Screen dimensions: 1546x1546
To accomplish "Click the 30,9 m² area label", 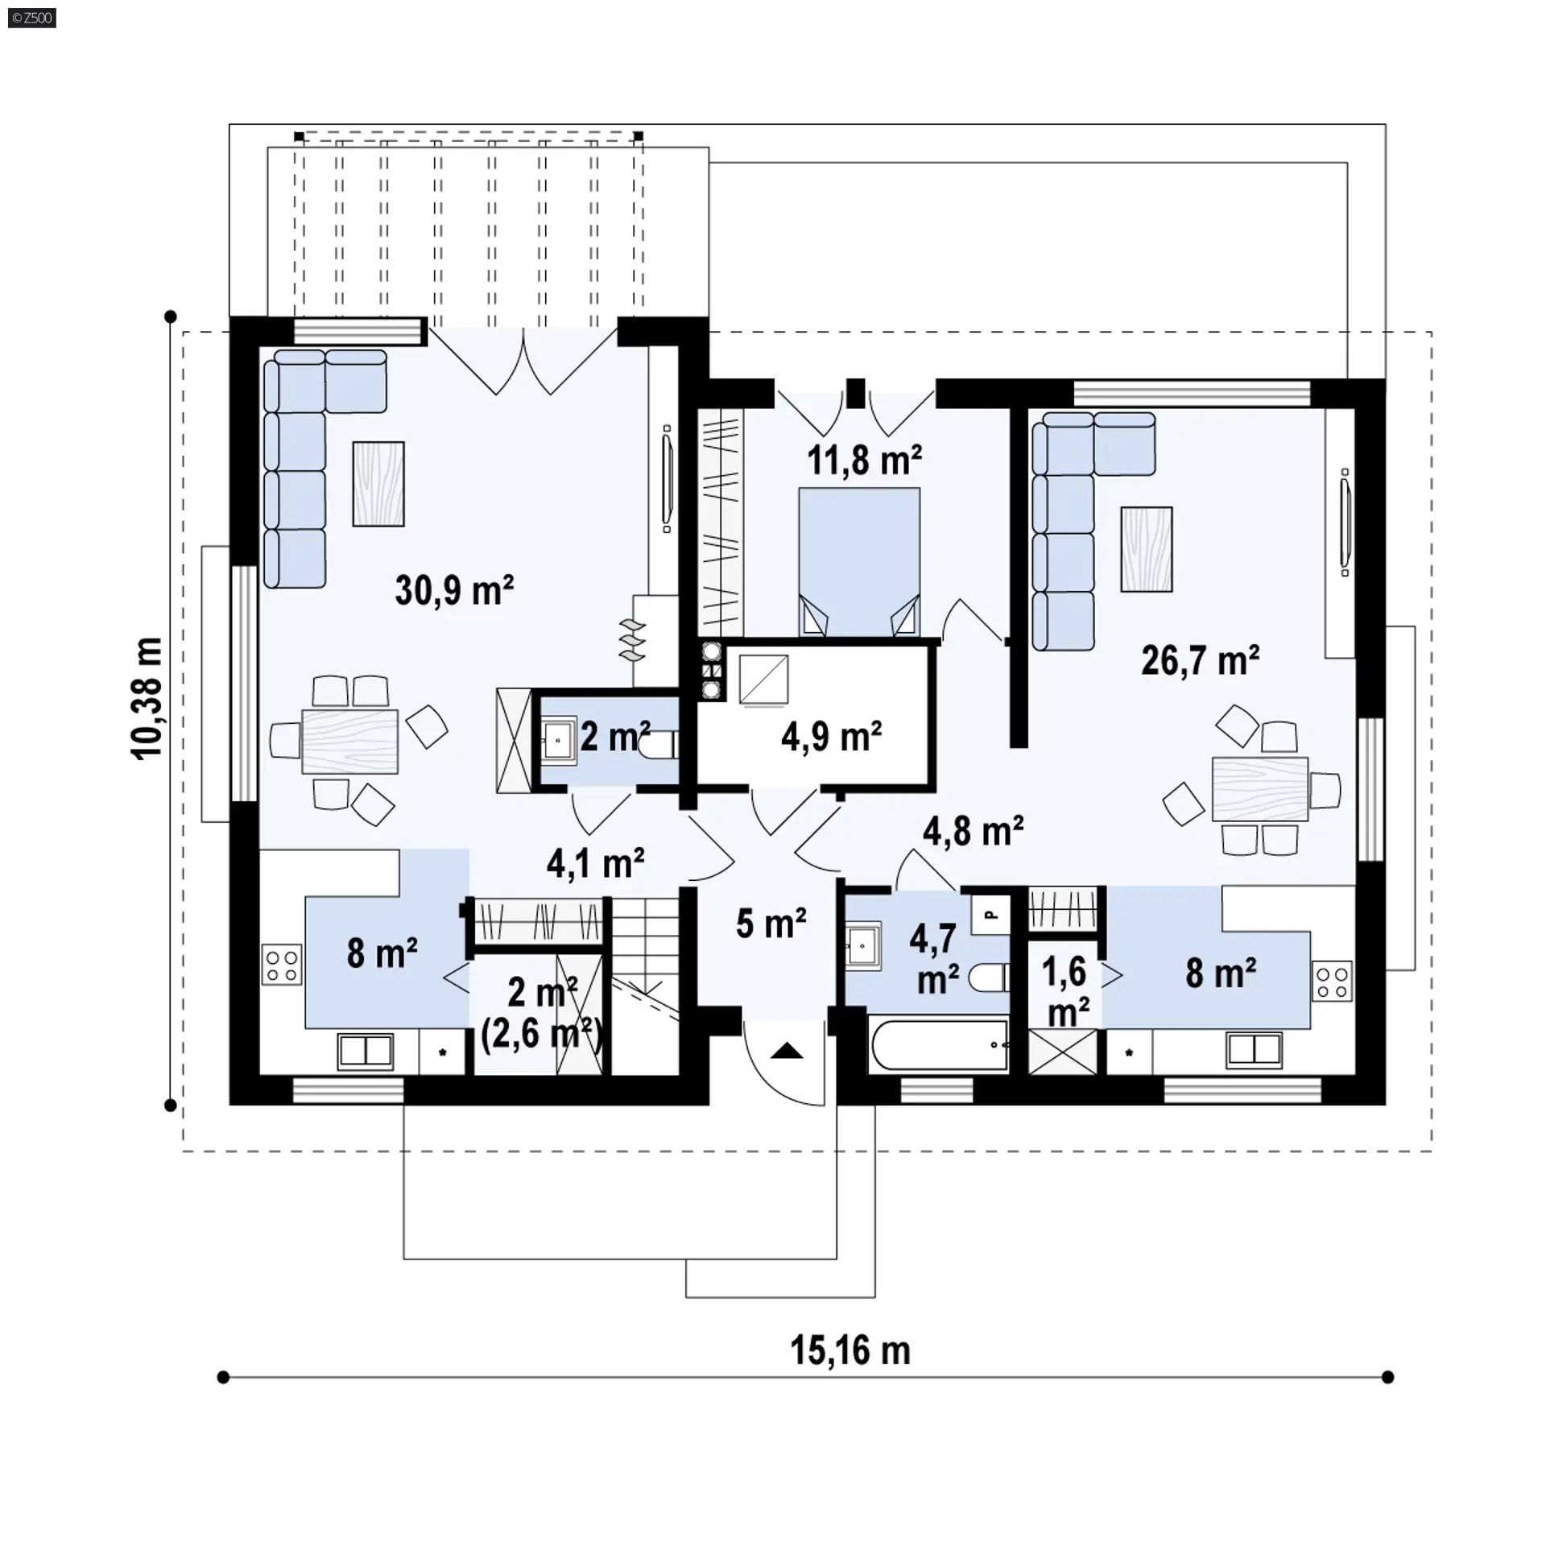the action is [x=454, y=590].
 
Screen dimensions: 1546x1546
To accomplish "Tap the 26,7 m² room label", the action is [x=1201, y=660].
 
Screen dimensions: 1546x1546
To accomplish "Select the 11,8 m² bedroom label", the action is [x=864, y=461].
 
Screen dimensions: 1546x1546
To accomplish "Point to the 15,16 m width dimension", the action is [x=850, y=1350].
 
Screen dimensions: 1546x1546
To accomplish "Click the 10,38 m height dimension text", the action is [x=147, y=698].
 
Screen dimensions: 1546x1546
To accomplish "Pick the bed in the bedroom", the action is [x=859, y=562].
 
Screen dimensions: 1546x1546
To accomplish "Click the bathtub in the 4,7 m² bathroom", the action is [x=939, y=1045].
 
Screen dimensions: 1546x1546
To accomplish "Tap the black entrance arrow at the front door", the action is [x=787, y=1050].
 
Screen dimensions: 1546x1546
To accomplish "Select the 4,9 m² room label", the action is [x=831, y=736].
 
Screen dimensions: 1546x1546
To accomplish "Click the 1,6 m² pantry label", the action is [x=1068, y=991].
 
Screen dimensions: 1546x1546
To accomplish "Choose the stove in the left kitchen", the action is [x=282, y=965].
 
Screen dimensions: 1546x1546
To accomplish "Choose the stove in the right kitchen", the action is [x=1332, y=982].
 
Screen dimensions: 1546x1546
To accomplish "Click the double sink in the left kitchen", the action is [x=366, y=1051].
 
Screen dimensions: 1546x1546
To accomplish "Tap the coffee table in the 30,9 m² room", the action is [x=378, y=484].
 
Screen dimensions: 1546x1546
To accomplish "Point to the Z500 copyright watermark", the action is [x=32, y=18].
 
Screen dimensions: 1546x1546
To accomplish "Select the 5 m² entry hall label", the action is [x=771, y=924].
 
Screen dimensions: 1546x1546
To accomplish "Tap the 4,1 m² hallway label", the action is [x=595, y=863].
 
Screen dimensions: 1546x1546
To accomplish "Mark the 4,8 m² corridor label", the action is [x=973, y=831].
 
